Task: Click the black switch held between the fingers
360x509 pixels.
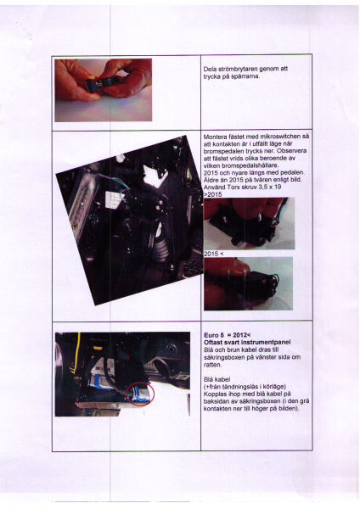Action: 100,85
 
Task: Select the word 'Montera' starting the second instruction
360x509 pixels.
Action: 218,136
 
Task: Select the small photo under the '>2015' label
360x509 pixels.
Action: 249,223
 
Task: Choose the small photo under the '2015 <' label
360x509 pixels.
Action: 249,282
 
